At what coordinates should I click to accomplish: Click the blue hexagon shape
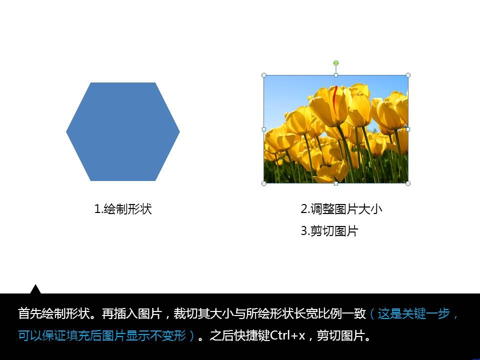click(x=123, y=131)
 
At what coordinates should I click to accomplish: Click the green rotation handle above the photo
click(x=336, y=63)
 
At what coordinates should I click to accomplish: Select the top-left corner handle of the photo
click(x=264, y=75)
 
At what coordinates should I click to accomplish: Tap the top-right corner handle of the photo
click(x=408, y=75)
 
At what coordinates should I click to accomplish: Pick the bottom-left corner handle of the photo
click(x=264, y=183)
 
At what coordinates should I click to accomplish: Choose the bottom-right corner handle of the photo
click(x=408, y=183)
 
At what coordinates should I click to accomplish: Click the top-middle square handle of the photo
click(x=336, y=75)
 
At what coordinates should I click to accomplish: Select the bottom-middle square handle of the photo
click(x=336, y=183)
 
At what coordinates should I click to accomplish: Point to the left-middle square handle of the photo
click(x=264, y=129)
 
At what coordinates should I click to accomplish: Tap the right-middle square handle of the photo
click(x=408, y=129)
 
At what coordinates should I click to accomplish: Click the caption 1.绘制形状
click(x=123, y=209)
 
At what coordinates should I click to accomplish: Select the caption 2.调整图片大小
click(x=341, y=209)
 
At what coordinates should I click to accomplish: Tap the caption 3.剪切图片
click(x=329, y=231)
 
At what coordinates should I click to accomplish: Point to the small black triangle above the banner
click(x=35, y=289)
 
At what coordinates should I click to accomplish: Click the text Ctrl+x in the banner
click(x=288, y=335)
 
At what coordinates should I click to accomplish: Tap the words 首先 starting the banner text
click(x=29, y=313)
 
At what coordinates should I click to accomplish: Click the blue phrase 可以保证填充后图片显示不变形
click(x=102, y=335)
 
